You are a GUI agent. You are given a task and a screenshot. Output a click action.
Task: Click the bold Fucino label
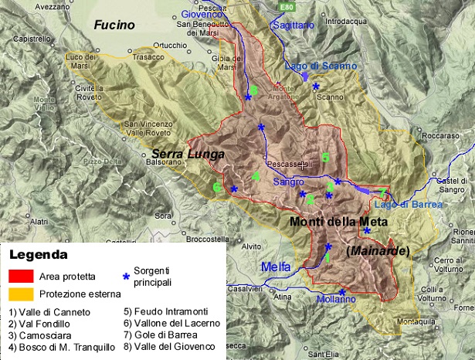pos(114,25)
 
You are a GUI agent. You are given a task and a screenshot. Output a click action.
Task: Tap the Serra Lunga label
pos(188,154)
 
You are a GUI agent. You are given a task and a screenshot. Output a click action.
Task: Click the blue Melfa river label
pos(276,267)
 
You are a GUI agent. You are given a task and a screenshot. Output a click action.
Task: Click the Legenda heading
pos(38,254)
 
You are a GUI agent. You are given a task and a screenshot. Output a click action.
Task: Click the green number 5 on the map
pos(325,158)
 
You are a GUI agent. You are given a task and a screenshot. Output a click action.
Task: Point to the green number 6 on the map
pos(217,187)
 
